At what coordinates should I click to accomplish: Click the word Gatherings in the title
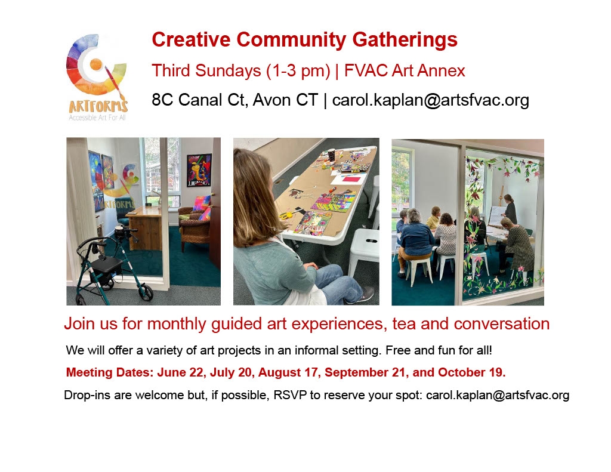click(x=405, y=40)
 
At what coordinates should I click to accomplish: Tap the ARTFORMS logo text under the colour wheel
click(x=98, y=106)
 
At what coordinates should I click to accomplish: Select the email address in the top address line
click(x=431, y=100)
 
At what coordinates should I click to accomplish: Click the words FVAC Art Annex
click(x=405, y=70)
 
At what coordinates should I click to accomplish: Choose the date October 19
click(x=471, y=372)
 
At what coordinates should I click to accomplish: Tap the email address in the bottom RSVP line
click(x=498, y=395)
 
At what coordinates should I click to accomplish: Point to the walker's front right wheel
click(x=146, y=293)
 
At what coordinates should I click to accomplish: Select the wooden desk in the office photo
click(x=144, y=227)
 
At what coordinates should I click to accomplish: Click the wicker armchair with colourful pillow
click(x=194, y=228)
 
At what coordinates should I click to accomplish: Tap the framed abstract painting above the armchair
click(x=199, y=169)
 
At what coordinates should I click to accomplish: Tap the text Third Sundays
click(x=206, y=70)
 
